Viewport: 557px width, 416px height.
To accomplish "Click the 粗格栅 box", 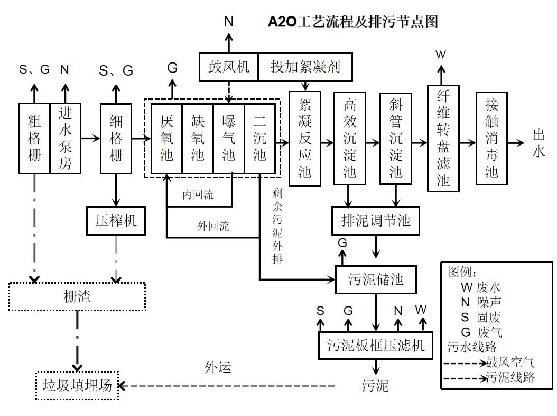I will click(34, 138).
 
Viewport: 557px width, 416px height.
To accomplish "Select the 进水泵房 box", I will click(65, 138).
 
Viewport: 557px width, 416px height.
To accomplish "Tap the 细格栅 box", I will click(116, 138).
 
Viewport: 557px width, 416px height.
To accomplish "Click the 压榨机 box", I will click(116, 220).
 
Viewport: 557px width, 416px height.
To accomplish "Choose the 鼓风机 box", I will click(228, 67).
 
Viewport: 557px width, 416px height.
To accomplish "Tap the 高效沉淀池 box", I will click(350, 138).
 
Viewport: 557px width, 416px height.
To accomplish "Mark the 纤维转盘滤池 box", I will click(443, 138).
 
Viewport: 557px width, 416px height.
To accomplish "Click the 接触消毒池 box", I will click(491, 138).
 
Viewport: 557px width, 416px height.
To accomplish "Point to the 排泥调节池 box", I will click(376, 220).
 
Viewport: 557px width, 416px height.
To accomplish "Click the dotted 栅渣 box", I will click(77, 296).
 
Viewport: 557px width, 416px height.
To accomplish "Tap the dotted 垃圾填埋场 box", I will click(77, 385).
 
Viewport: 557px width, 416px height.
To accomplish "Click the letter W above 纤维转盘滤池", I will click(440, 55).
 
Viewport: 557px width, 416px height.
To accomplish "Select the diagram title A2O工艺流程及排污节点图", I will click(353, 22).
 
